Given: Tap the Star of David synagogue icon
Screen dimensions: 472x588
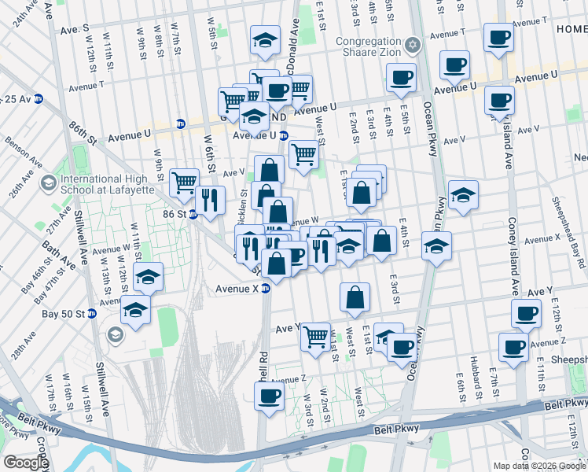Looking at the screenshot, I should (x=413, y=42).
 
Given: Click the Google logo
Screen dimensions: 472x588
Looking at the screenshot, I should (x=26, y=463).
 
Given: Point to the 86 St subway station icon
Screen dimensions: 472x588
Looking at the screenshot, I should (x=192, y=214).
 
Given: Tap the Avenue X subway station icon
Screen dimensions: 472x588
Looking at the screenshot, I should (x=266, y=289).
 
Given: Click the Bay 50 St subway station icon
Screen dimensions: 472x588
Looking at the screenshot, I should (x=91, y=314).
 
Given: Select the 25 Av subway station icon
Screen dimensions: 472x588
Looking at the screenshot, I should (x=38, y=99).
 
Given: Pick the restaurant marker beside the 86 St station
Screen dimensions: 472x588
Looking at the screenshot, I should (x=209, y=200).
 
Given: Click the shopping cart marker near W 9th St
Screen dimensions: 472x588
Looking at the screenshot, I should (x=184, y=182).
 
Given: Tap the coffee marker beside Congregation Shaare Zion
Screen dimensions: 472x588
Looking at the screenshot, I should (x=401, y=77).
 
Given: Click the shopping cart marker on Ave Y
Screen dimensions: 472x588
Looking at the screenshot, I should (x=315, y=336).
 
